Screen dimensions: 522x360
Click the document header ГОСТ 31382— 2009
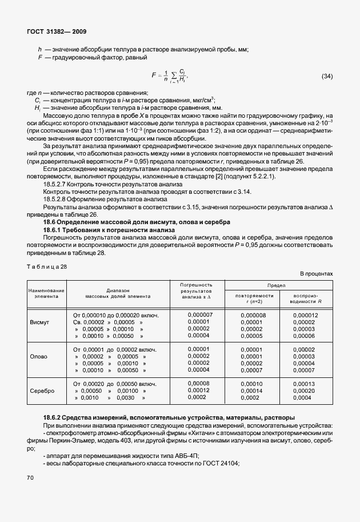(x=56, y=32)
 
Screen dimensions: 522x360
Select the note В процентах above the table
(x=315, y=274)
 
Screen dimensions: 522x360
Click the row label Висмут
(x=39, y=322)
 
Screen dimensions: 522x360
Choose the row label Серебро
(x=42, y=390)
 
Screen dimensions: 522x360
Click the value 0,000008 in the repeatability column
(x=253, y=315)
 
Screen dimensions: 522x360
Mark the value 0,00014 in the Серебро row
(x=251, y=390)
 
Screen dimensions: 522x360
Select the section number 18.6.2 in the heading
(x=57, y=417)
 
